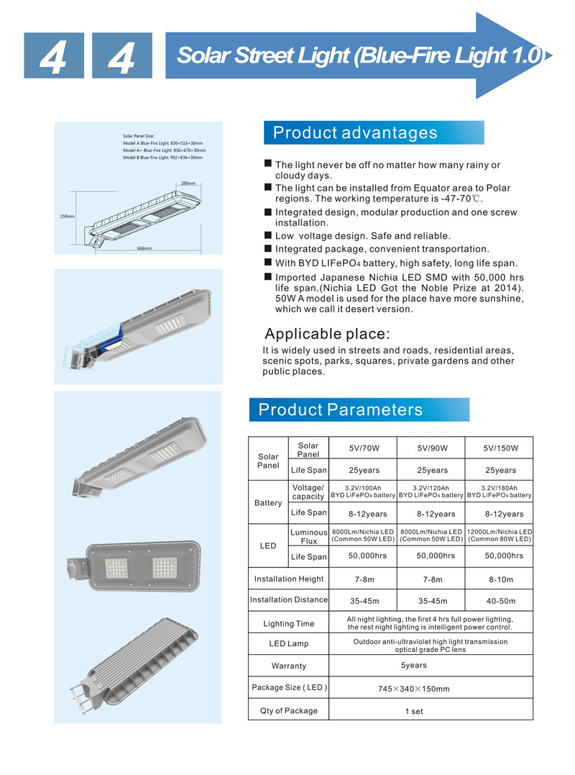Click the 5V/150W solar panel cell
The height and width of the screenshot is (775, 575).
click(500, 448)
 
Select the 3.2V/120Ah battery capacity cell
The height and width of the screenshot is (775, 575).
click(432, 491)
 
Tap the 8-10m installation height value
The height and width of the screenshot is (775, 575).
click(500, 579)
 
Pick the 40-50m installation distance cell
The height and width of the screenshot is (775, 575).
click(500, 601)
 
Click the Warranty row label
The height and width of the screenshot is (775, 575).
click(288, 666)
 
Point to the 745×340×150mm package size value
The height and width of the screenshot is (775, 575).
click(413, 689)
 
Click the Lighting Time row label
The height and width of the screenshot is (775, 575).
click(288, 624)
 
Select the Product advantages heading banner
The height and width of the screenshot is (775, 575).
click(374, 133)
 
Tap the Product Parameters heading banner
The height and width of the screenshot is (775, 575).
click(359, 410)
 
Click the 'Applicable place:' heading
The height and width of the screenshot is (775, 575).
click(327, 334)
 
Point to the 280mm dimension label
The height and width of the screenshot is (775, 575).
click(188, 183)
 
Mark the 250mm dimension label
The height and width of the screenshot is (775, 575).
click(66, 216)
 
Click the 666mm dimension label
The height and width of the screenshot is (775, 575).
click(144, 248)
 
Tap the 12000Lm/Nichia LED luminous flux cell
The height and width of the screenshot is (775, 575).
click(500, 535)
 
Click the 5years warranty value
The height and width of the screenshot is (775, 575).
click(413, 665)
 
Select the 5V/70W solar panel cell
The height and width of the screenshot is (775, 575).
click(364, 448)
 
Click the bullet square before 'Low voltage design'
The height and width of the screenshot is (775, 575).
click(267, 235)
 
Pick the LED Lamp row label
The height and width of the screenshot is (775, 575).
click(288, 643)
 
